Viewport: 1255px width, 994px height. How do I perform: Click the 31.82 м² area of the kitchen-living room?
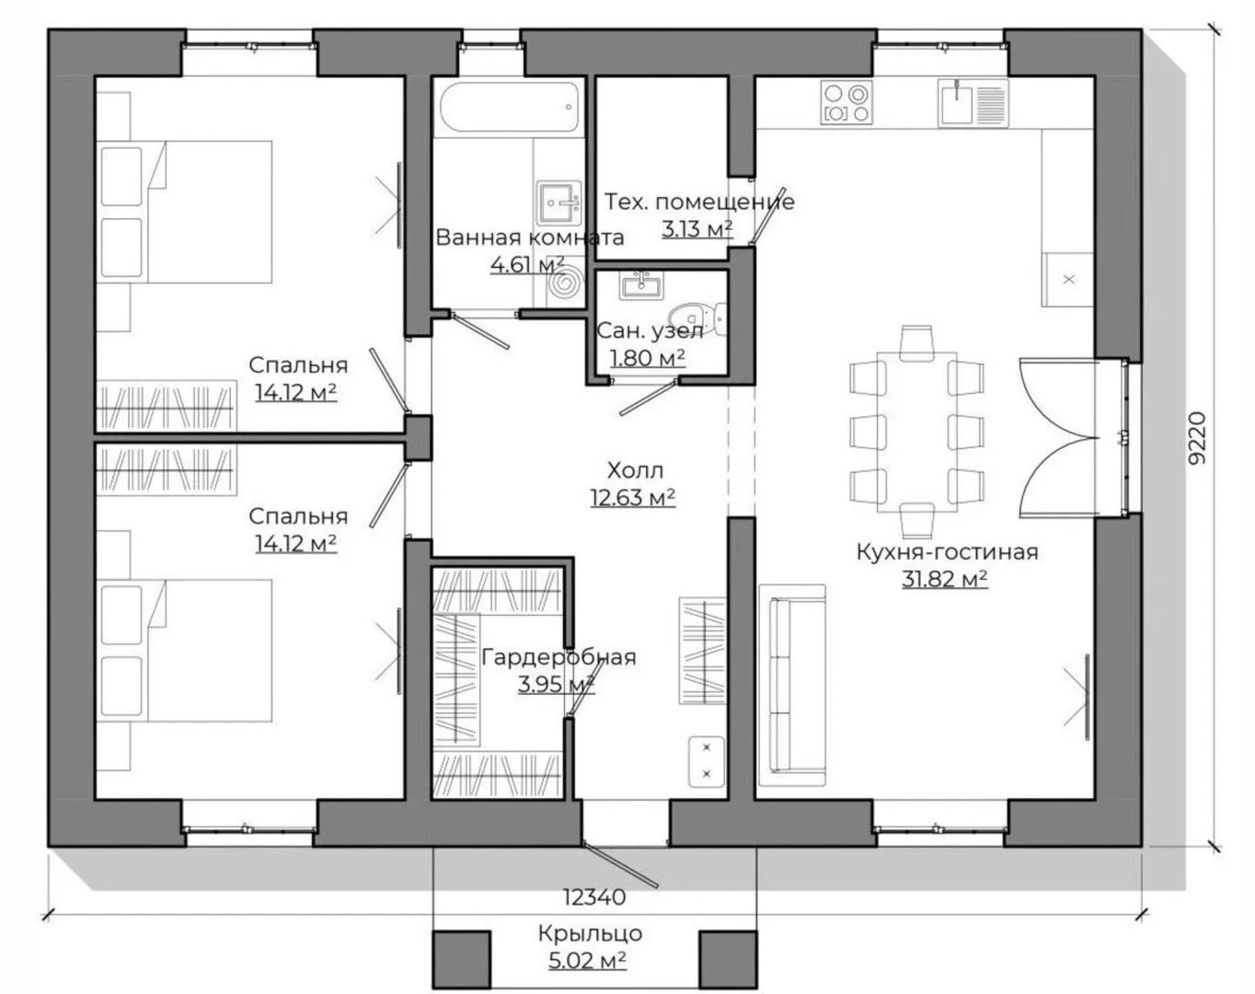click(945, 579)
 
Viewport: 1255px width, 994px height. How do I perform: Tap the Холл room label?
click(635, 470)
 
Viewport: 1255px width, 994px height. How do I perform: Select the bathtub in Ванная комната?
click(509, 109)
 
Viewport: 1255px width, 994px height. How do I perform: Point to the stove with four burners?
click(845, 102)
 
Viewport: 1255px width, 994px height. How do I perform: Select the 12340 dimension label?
click(594, 896)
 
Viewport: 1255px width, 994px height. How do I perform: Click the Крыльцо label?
click(590, 933)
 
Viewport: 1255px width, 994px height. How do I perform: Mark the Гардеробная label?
click(558, 657)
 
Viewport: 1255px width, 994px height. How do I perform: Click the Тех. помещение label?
click(698, 202)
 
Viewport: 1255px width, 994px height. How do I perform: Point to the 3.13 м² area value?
click(697, 229)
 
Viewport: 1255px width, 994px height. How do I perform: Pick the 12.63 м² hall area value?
click(632, 498)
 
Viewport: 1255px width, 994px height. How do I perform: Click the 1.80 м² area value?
click(648, 357)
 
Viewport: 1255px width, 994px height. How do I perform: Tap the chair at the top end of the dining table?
click(917, 340)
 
